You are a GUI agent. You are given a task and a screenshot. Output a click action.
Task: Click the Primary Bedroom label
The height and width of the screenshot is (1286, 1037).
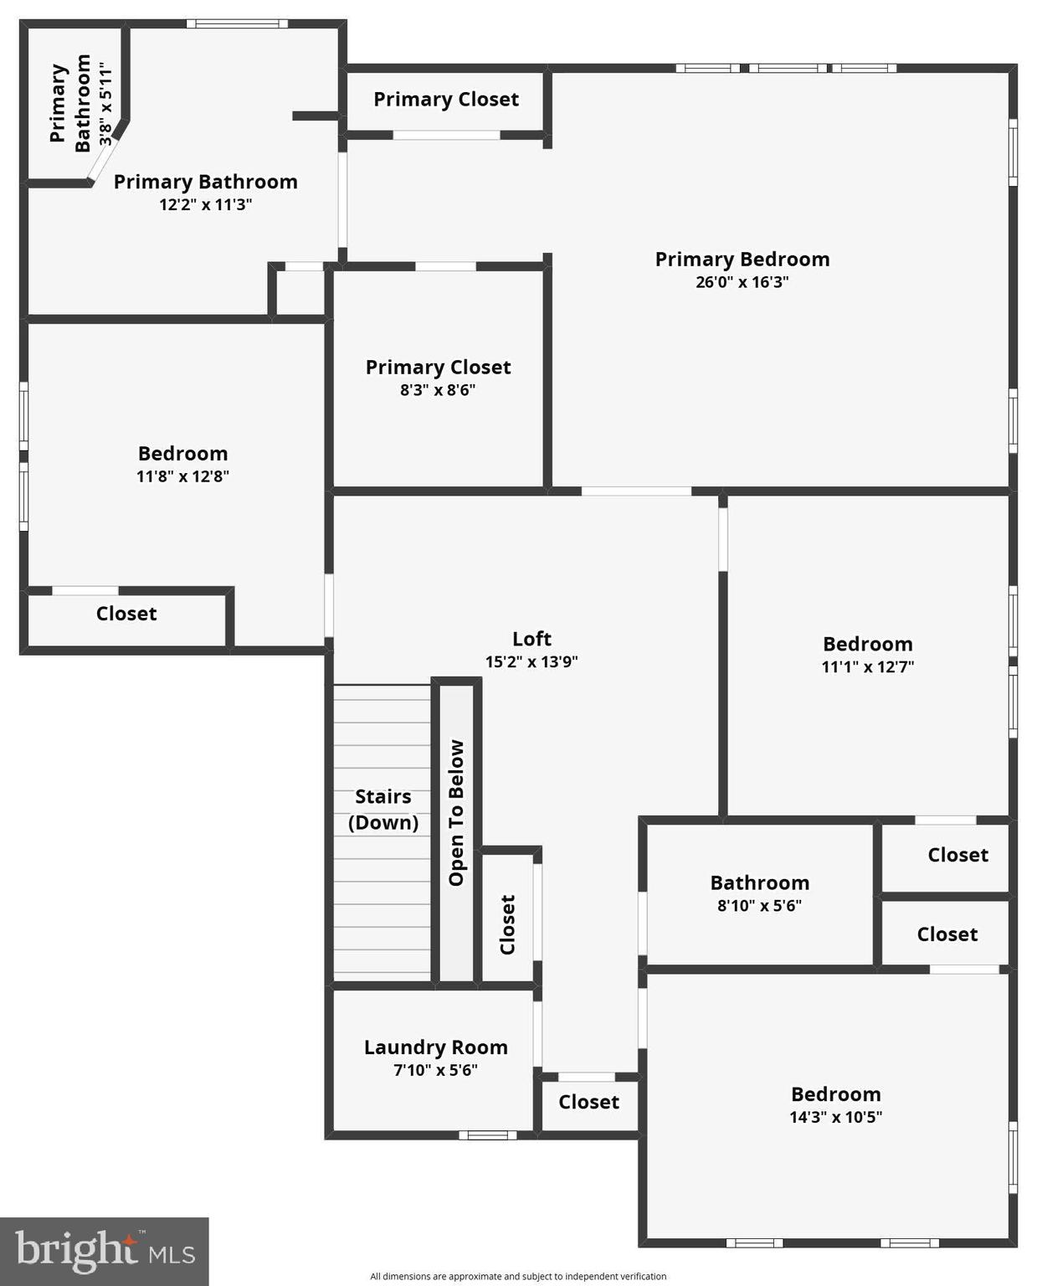(742, 260)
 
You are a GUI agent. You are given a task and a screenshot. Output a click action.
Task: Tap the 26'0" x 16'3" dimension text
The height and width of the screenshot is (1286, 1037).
(742, 282)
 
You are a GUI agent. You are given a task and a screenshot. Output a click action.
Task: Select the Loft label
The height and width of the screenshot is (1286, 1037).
(531, 639)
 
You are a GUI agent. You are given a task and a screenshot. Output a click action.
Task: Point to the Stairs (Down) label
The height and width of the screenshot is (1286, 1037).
(383, 809)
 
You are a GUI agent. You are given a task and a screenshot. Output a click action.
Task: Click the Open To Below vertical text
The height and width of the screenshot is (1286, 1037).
(456, 812)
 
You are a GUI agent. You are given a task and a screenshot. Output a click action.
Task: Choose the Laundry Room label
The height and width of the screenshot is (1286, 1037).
(435, 1047)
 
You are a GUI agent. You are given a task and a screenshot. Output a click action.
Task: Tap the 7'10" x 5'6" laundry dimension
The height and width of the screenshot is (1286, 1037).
(435, 1070)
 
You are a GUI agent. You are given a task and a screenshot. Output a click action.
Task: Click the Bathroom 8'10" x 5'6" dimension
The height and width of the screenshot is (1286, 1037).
(759, 905)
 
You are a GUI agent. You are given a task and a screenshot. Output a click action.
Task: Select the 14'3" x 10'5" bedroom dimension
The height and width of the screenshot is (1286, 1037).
(835, 1117)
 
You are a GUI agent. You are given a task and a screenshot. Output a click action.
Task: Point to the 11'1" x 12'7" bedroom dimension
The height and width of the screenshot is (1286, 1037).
(867, 667)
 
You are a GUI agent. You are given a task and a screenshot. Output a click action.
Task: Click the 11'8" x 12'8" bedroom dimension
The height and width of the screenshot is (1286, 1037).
(182, 476)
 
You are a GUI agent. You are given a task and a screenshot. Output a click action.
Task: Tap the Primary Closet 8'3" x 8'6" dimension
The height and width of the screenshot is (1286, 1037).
(438, 390)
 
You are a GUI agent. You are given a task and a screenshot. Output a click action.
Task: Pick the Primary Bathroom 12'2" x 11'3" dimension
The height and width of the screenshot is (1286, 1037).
(205, 204)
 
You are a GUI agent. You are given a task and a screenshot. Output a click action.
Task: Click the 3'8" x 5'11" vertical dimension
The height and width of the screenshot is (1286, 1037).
(105, 103)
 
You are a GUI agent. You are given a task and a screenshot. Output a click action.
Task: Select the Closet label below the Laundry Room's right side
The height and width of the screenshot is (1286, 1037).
(588, 1102)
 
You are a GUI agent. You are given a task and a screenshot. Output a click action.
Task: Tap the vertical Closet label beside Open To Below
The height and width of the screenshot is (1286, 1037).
(507, 924)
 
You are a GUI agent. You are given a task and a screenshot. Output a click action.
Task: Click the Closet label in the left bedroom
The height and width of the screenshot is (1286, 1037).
(126, 614)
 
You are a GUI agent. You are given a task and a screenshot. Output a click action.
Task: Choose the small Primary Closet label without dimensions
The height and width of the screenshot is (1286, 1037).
(446, 100)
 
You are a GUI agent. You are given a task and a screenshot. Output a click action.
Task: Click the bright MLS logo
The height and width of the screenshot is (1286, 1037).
(104, 1251)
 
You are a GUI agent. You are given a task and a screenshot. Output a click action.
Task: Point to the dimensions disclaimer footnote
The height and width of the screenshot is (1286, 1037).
(518, 1277)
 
